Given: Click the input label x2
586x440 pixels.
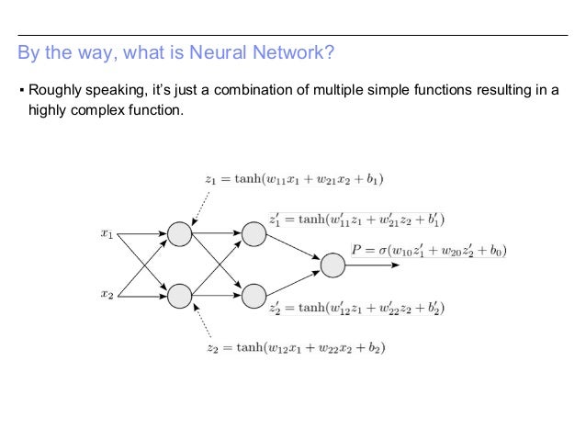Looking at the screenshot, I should pos(107,294).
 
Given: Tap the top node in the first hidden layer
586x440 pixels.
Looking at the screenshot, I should pos(179,234).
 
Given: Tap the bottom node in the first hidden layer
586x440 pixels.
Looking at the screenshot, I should pos(179,295).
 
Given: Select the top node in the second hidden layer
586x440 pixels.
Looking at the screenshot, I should pos(252,234).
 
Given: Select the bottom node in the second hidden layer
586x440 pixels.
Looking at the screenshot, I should pos(252,295).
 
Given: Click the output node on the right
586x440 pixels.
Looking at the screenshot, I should pos(332,265).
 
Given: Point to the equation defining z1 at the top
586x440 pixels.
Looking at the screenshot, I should pos(294,178).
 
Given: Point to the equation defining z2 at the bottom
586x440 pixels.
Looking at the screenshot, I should pos(295,348).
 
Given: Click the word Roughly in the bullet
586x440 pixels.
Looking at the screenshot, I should pos(56,91).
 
